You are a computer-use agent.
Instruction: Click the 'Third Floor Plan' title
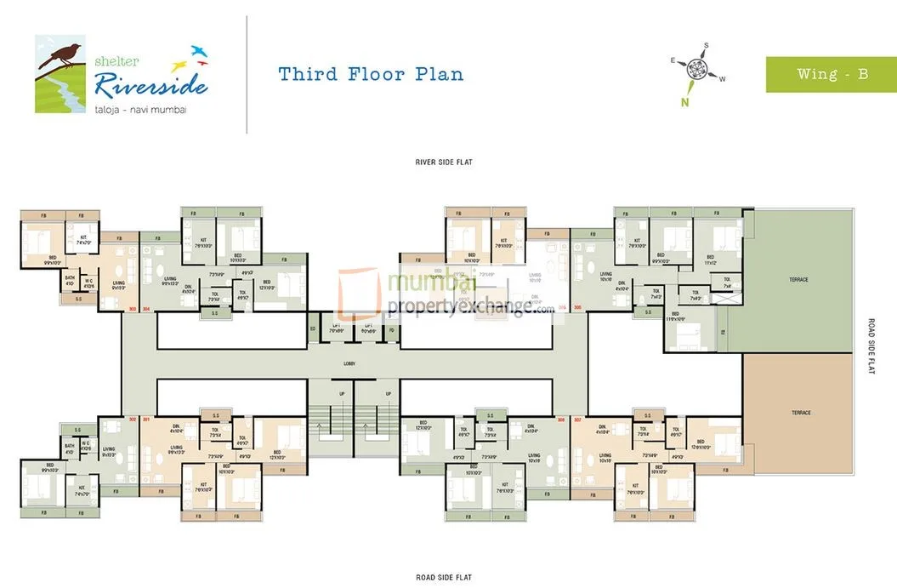[371, 74]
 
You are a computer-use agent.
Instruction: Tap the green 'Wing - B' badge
[832, 74]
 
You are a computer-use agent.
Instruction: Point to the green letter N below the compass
[683, 103]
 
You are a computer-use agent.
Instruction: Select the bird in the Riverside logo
[64, 53]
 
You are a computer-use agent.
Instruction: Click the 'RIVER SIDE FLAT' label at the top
[444, 161]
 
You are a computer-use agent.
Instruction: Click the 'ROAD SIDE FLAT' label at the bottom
[444, 578]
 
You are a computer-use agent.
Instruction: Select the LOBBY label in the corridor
[349, 363]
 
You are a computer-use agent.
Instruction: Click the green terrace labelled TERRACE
[798, 279]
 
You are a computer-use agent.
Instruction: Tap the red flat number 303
[132, 310]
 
